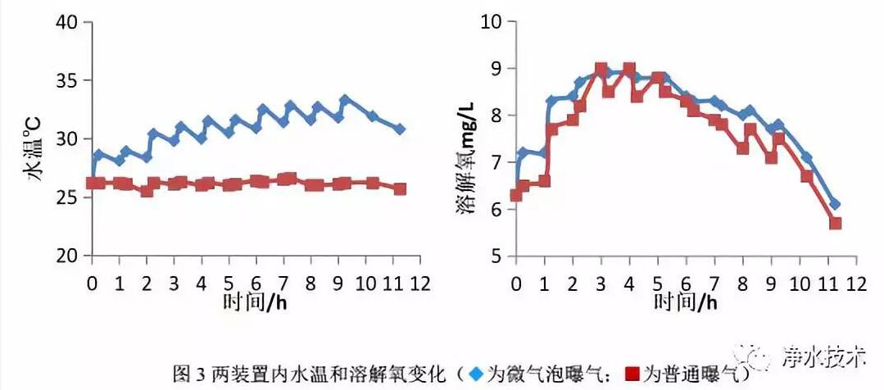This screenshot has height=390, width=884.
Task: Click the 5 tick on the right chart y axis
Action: (495, 256)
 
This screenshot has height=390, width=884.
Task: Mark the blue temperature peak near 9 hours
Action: (345, 100)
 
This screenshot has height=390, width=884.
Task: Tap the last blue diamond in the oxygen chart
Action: (835, 204)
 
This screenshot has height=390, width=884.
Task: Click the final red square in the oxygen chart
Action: (835, 223)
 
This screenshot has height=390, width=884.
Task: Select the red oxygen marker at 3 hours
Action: (601, 69)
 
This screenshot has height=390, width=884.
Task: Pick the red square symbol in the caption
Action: (631, 374)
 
